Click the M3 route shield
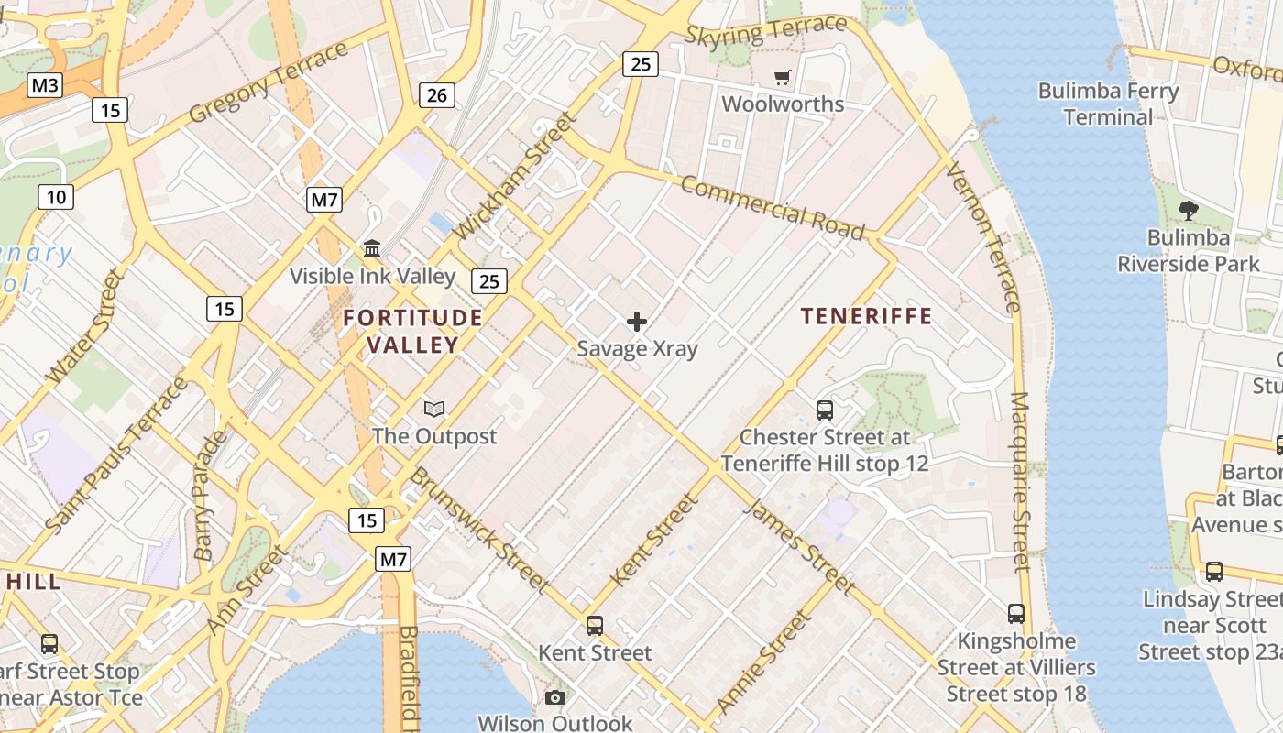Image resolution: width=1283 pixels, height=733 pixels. [45, 86]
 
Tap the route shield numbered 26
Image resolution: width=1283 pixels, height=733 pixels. [437, 94]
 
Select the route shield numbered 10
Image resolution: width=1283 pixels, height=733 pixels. [56, 196]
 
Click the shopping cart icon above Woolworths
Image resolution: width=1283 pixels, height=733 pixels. [782, 78]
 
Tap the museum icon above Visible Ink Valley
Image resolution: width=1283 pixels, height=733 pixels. [372, 248]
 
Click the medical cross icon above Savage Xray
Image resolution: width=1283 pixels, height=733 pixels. [637, 322]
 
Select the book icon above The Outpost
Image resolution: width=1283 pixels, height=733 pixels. [434, 409]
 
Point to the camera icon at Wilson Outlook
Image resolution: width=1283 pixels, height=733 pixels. [554, 698]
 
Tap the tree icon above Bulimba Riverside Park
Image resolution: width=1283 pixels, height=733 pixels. [1189, 211]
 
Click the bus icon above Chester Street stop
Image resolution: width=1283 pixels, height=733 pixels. [825, 410]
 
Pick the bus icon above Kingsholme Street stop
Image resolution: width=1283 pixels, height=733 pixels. [1015, 613]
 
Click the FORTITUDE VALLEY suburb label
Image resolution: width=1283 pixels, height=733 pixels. [412, 331]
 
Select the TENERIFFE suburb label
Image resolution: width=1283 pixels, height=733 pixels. [866, 316]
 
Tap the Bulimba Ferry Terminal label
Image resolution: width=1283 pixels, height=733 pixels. [1108, 104]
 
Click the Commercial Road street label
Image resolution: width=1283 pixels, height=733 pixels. [773, 208]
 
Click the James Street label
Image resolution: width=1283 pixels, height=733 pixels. [801, 547]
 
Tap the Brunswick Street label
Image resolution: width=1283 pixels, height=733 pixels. [478, 529]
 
